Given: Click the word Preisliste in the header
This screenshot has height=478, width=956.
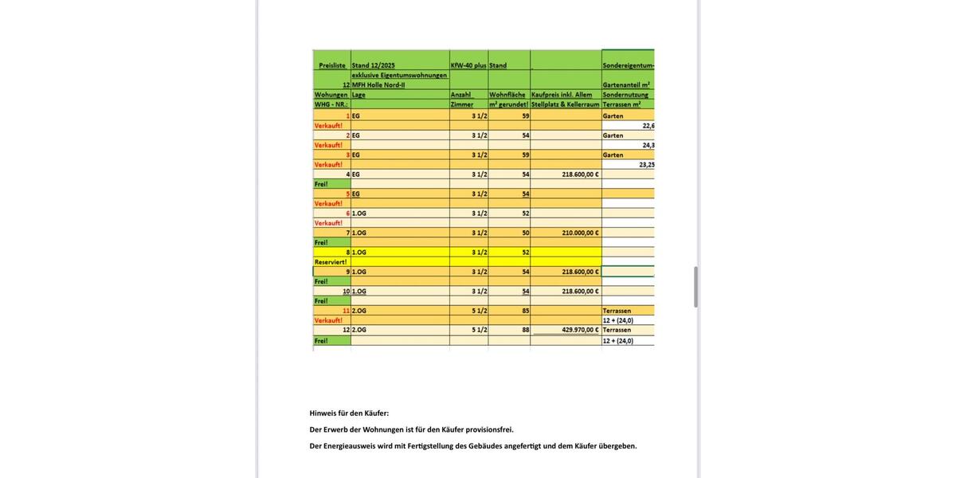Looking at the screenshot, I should click(x=331, y=65).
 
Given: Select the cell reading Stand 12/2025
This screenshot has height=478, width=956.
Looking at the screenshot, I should click(x=374, y=65).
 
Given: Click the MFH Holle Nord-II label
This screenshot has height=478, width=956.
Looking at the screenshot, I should click(x=381, y=84).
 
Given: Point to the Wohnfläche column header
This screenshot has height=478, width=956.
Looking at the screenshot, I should click(x=507, y=94).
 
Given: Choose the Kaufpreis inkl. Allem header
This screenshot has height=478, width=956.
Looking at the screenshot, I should click(x=562, y=94).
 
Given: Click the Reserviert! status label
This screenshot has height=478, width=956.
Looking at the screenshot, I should click(x=331, y=261).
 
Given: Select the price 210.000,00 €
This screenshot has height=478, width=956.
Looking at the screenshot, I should click(x=580, y=233).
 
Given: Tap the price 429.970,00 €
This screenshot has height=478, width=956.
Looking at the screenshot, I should click(x=580, y=329).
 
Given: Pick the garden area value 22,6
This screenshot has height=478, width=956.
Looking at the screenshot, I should click(x=648, y=125).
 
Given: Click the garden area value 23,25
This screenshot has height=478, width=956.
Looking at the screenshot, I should click(x=647, y=164).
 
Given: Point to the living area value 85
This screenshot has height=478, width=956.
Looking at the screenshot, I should click(x=526, y=311).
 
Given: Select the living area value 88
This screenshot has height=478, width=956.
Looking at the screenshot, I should click(x=526, y=329).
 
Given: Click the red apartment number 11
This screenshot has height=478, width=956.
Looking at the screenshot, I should click(x=347, y=311).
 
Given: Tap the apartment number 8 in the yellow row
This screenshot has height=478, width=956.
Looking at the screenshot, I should click(x=347, y=252).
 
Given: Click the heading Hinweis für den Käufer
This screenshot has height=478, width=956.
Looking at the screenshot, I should click(x=349, y=413).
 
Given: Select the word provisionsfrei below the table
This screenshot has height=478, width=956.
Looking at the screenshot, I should click(x=489, y=429).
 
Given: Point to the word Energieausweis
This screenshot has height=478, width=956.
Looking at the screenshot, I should click(x=349, y=446).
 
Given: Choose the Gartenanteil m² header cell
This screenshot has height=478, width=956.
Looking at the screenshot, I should click(x=626, y=84).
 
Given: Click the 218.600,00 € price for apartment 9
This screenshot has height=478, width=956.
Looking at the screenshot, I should click(x=580, y=272).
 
